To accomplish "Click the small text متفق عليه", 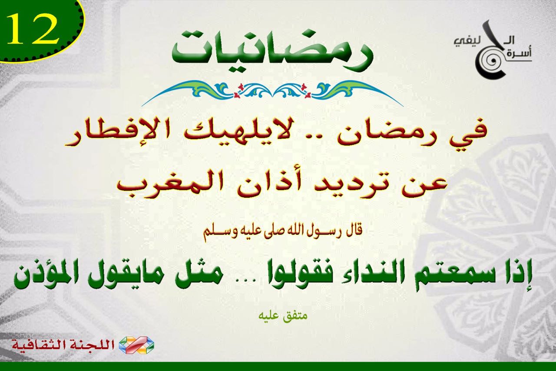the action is (282, 317).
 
